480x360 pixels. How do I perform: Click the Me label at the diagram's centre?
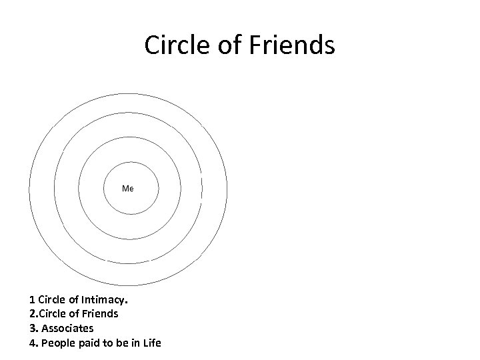click(128, 189)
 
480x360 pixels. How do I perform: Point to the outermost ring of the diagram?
click(129, 95)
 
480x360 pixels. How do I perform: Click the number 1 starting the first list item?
click(31, 298)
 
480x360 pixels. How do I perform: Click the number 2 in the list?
click(31, 313)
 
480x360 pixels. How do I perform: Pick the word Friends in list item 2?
click(99, 313)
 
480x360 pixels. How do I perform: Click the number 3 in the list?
click(31, 328)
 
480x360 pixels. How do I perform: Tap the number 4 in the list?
click(31, 343)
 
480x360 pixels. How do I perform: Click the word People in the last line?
click(55, 343)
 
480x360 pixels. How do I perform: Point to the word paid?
click(86, 343)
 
